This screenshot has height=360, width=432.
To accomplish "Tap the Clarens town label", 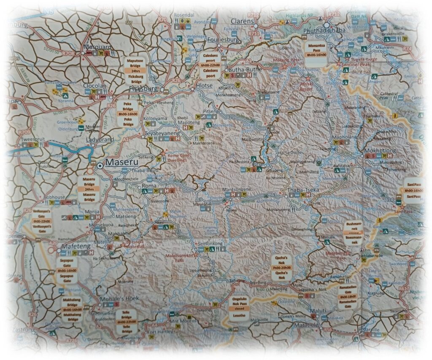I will [243, 22].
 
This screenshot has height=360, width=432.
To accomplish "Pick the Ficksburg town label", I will [143, 89].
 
